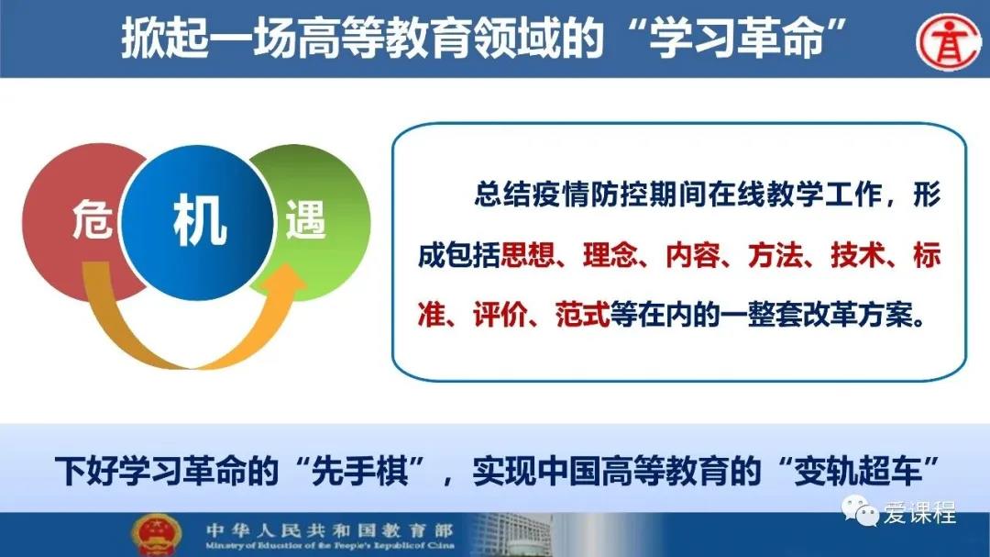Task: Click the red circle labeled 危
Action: (x=70, y=221)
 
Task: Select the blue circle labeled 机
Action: (x=198, y=221)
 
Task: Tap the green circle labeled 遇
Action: (x=322, y=221)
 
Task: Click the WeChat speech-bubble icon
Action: (x=860, y=509)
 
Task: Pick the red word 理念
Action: (x=610, y=255)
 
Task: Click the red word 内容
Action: (x=693, y=255)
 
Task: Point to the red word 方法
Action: (x=775, y=255)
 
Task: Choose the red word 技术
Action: (x=858, y=255)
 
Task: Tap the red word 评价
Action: (x=500, y=314)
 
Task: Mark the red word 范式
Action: (x=583, y=314)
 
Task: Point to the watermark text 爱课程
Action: (x=919, y=511)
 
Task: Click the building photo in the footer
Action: (x=511, y=535)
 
